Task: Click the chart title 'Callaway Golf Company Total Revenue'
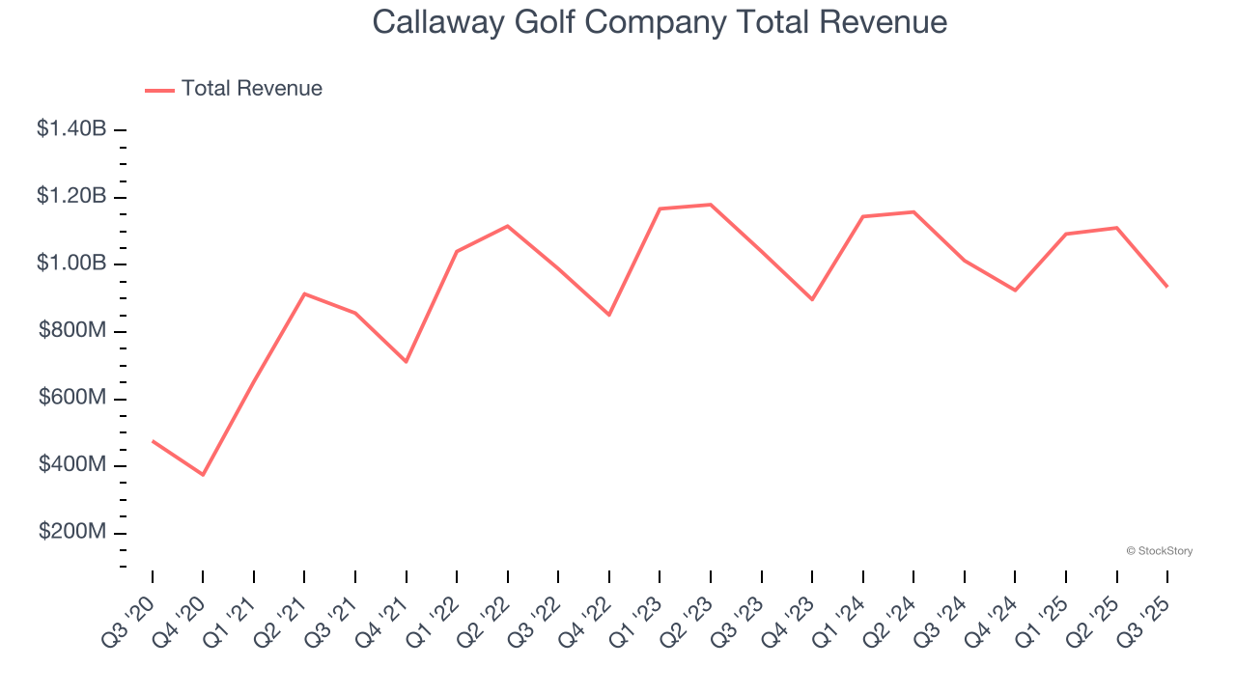(x=660, y=22)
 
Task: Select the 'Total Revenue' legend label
(x=251, y=89)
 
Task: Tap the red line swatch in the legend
(x=159, y=90)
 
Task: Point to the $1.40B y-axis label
(x=71, y=128)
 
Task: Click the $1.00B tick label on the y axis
(x=71, y=264)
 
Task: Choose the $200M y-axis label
(x=72, y=533)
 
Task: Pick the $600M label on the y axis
(x=72, y=399)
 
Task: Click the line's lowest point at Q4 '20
(x=203, y=475)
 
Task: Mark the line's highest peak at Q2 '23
(x=711, y=205)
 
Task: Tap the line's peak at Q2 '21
(x=304, y=293)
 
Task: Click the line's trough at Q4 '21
(x=407, y=362)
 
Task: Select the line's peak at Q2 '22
(x=508, y=226)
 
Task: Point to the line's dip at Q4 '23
(x=812, y=299)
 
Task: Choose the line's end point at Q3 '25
(x=1166, y=286)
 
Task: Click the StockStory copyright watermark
(x=1159, y=551)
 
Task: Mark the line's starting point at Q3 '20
(x=153, y=441)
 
